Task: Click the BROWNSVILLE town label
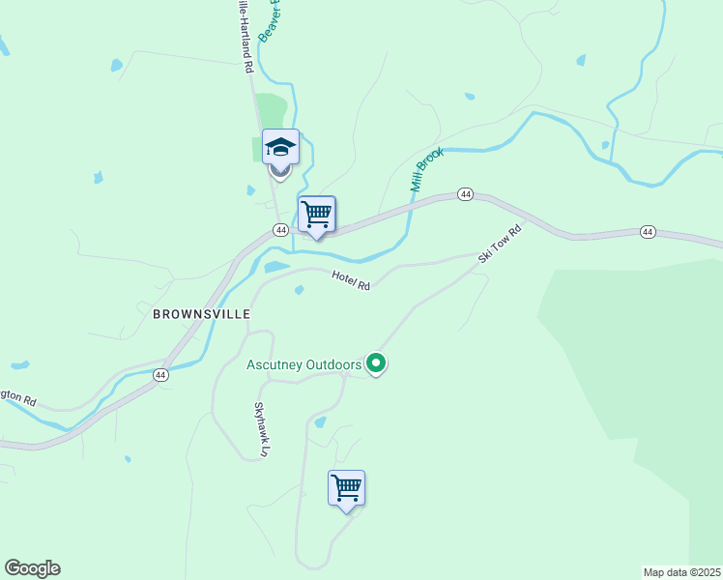[201, 314]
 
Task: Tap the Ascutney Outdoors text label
[304, 364]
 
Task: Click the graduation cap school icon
[280, 147]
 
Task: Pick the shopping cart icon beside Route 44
[316, 215]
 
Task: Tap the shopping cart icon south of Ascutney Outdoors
[346, 487]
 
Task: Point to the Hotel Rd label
[351, 279]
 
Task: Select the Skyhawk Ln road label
[259, 428]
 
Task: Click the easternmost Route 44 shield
[647, 232]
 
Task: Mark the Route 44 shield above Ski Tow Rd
[465, 194]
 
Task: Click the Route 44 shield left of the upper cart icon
[279, 230]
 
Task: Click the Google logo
[32, 568]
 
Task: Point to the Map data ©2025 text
[681, 572]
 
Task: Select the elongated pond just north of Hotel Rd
[276, 267]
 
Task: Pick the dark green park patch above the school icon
[274, 110]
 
